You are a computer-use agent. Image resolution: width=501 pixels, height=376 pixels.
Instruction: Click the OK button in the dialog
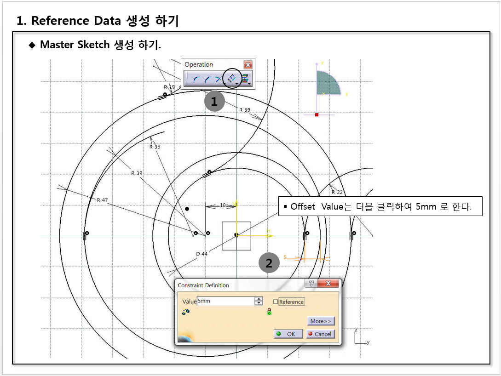[288, 334]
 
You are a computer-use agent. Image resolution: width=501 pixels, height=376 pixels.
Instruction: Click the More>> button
[321, 321]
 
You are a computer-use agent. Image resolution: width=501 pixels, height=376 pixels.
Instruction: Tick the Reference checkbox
[276, 302]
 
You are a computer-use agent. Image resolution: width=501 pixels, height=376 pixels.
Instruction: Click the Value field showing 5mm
[225, 301]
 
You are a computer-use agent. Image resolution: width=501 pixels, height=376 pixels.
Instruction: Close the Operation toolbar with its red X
[248, 64]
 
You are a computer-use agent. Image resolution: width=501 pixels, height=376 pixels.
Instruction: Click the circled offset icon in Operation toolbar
[232, 78]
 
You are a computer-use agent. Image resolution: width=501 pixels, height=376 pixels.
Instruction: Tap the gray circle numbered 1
[214, 101]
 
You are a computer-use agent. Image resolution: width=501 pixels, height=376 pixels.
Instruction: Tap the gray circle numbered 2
[269, 262]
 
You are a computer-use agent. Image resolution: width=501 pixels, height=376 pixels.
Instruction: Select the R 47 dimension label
[102, 200]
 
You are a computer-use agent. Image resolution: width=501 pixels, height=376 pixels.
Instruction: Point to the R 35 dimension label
[155, 147]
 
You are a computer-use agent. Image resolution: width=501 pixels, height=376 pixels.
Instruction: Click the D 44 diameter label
[202, 254]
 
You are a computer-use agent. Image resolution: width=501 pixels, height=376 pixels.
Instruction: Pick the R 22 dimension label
[337, 192]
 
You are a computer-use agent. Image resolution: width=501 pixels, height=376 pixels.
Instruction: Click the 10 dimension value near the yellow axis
[223, 205]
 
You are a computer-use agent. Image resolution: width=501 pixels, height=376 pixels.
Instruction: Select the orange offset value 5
[285, 257]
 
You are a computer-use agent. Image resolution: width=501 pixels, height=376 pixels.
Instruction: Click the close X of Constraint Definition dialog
[328, 283]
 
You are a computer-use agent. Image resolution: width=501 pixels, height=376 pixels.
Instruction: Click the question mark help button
[311, 283]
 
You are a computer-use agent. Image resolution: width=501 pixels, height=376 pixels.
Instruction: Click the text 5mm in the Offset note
[426, 207]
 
